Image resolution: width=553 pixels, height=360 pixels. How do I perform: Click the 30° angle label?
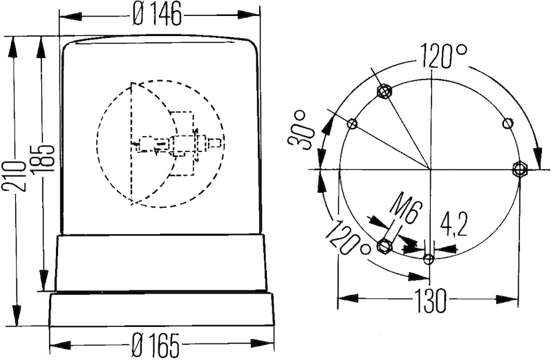click(303, 129)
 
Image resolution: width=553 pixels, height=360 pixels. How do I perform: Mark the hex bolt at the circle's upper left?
click(384, 91)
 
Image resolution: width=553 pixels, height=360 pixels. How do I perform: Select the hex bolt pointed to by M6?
click(385, 245)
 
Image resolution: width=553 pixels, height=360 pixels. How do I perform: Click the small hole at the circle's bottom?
click(429, 259)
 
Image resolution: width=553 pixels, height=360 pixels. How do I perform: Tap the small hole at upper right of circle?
click(508, 124)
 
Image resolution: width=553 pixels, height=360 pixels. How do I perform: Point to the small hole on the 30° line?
click(353, 124)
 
